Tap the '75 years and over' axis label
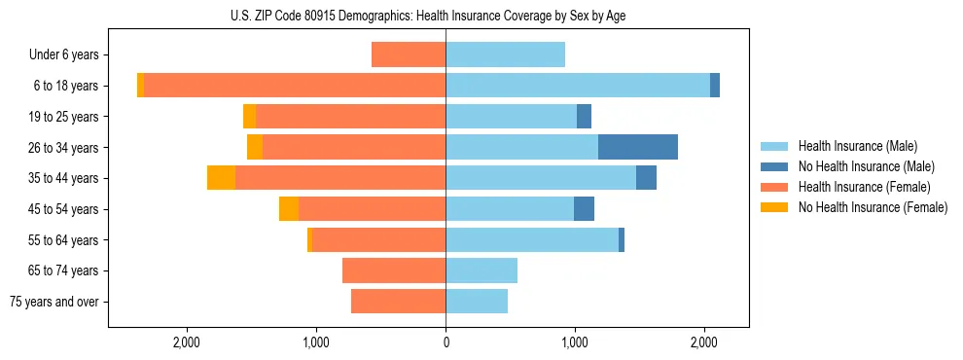pos(54,302)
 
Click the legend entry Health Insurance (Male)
pos(852,146)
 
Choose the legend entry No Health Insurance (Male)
pos(859,166)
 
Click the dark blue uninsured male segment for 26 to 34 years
pos(637,147)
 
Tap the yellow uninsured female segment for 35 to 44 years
pos(221,178)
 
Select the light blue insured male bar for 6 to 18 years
pos(578,86)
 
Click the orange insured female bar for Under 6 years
pos(409,55)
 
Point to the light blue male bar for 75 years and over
pos(477,302)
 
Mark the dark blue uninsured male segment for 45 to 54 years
pos(584,208)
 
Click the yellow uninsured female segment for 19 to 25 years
pos(249,117)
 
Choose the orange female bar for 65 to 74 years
pos(394,270)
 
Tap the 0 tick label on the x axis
pos(446,342)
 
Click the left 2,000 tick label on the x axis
pos(186,342)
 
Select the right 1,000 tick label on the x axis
pos(575,342)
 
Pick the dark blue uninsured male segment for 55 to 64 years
pos(622,239)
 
